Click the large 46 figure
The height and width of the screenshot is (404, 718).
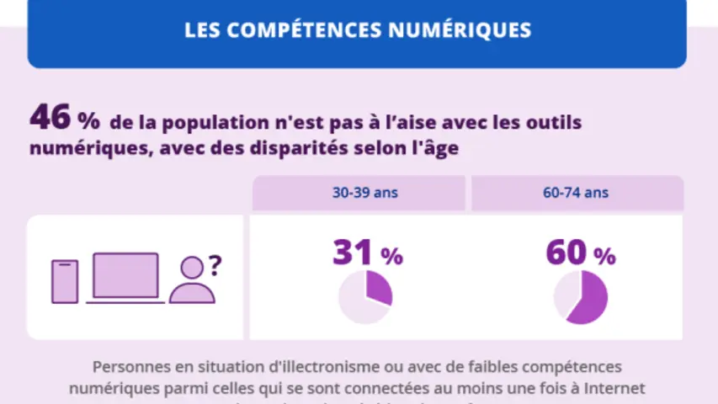(x=50, y=119)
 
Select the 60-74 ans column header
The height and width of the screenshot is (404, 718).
(x=576, y=193)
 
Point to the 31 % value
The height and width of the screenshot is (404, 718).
(x=367, y=252)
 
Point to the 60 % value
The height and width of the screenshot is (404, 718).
(x=580, y=252)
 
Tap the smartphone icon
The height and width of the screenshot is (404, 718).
(x=65, y=281)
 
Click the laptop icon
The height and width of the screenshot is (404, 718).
(x=125, y=278)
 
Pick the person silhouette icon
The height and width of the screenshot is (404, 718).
(x=192, y=281)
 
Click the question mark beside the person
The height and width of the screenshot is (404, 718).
(x=215, y=266)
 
